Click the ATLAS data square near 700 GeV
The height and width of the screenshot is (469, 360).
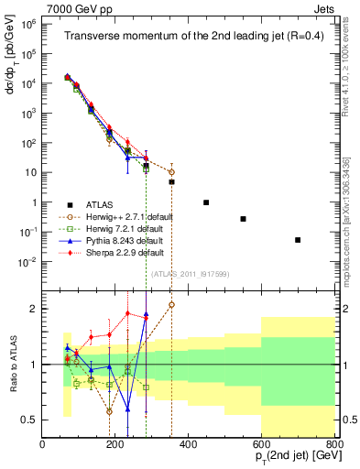pyautogui.click(x=298, y=240)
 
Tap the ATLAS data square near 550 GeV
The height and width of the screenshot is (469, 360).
pyautogui.click(x=243, y=219)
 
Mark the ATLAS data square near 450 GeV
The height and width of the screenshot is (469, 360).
pyautogui.click(x=206, y=202)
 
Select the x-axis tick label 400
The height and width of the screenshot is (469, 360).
pyautogui.click(x=188, y=444)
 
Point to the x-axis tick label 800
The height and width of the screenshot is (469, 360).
pyautogui.click(x=333, y=444)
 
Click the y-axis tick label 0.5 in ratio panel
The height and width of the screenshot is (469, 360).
pyautogui.click(x=30, y=420)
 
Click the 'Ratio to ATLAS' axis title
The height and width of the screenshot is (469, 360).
pyautogui.click(x=12, y=364)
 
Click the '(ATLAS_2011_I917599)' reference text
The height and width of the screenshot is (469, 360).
pyautogui.click(x=188, y=274)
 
